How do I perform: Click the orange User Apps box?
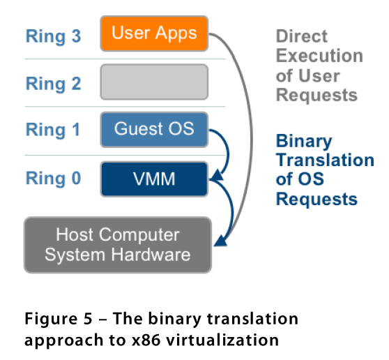(x=154, y=33)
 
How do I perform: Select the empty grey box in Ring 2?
(x=154, y=82)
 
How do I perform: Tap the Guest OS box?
(x=154, y=130)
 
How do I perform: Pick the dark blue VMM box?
(x=154, y=179)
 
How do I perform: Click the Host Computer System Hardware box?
(x=118, y=245)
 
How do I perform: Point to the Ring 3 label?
(x=54, y=36)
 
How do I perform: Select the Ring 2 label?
(x=54, y=84)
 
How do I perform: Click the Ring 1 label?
(x=53, y=130)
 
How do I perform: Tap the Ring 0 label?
(x=54, y=178)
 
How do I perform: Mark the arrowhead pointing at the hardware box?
(x=220, y=240)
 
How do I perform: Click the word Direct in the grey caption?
(x=302, y=36)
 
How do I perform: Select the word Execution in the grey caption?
(x=319, y=56)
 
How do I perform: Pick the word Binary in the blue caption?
(x=304, y=141)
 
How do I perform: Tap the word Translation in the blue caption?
(x=325, y=160)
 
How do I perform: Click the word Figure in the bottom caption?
(x=51, y=319)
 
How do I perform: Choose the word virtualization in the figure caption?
(x=222, y=340)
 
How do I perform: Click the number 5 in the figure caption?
(x=88, y=318)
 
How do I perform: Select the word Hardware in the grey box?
(x=151, y=255)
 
